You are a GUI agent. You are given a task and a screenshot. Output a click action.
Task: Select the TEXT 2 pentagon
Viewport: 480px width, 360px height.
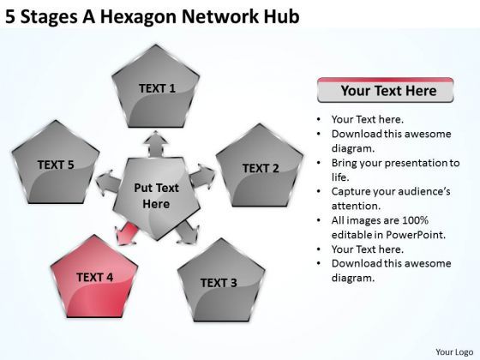[x=261, y=169]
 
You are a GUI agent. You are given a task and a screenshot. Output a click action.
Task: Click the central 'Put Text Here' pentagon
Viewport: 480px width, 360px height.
[x=156, y=195]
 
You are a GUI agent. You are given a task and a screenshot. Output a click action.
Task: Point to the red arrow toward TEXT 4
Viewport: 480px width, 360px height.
[x=126, y=231]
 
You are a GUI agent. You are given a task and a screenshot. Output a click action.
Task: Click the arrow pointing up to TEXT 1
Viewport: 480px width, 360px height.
[x=157, y=143]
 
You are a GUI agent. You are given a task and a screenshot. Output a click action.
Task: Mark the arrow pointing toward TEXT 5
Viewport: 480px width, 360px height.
[x=107, y=182]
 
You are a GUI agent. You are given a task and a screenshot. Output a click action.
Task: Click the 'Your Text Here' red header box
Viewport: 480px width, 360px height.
[x=377, y=89]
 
